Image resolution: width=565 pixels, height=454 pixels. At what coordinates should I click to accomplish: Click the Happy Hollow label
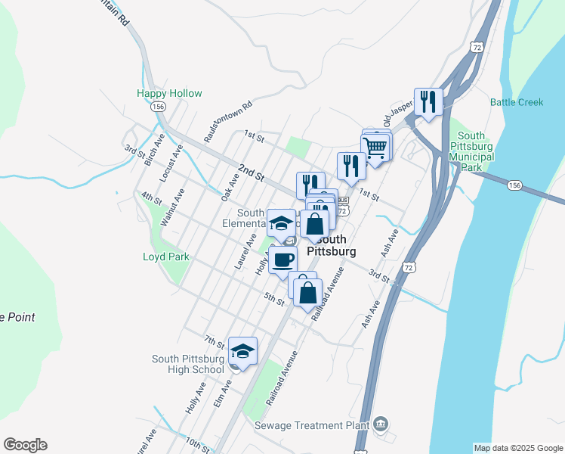(169, 93)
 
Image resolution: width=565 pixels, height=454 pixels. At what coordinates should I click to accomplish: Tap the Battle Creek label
(517, 102)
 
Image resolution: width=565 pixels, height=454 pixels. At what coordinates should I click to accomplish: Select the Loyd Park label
(165, 257)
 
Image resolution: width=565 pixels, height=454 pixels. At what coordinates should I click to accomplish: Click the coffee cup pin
(282, 260)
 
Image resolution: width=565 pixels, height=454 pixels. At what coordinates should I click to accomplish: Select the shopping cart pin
(376, 147)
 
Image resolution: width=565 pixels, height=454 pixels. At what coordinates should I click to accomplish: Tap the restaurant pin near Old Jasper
(428, 101)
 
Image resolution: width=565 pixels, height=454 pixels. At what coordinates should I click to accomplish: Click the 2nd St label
(249, 173)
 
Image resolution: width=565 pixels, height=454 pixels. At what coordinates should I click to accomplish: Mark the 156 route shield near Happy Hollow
(158, 107)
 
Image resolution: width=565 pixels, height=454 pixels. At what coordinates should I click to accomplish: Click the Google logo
(25, 445)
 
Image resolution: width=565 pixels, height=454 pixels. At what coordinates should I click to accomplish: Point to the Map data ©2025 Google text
(518, 448)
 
